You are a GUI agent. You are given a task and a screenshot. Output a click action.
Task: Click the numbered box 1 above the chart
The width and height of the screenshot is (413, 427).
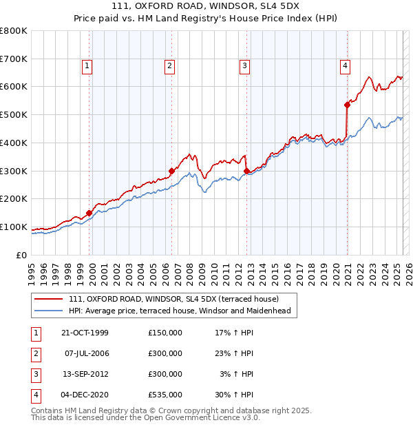pyautogui.click(x=88, y=66)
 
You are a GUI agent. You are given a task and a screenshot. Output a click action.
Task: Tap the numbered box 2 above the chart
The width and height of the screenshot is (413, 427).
pyautogui.click(x=169, y=66)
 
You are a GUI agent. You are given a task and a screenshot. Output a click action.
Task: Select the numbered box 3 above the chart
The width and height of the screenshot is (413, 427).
pyautogui.click(x=244, y=66)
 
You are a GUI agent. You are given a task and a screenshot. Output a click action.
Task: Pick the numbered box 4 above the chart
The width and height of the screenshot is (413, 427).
pyautogui.click(x=344, y=66)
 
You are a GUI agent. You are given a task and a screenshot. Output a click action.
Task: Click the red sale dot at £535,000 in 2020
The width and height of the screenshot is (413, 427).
pyautogui.click(x=347, y=105)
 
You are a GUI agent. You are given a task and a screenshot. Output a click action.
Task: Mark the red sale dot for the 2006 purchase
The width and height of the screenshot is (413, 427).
pyautogui.click(x=172, y=171)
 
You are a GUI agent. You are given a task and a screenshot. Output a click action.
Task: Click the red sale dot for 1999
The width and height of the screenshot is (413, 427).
pyautogui.click(x=89, y=213)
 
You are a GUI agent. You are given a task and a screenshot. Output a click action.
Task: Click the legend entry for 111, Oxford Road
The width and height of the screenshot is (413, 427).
pyautogui.click(x=173, y=299)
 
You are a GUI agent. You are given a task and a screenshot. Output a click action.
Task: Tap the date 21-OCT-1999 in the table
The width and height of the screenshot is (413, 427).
pyautogui.click(x=85, y=333)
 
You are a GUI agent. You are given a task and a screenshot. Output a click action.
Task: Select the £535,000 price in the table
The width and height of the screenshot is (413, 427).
pyautogui.click(x=165, y=395)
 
